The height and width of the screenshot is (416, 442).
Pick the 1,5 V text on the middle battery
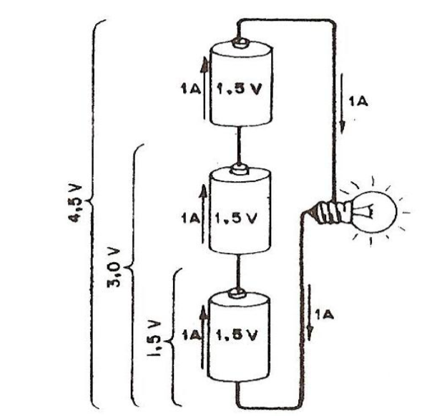pos(239,216)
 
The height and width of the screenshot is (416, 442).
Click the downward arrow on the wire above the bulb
pos(343,107)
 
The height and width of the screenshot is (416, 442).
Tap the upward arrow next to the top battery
pos(203,90)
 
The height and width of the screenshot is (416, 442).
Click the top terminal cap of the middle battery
pos(240,170)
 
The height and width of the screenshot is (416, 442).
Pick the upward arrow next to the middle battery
pos(204,211)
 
